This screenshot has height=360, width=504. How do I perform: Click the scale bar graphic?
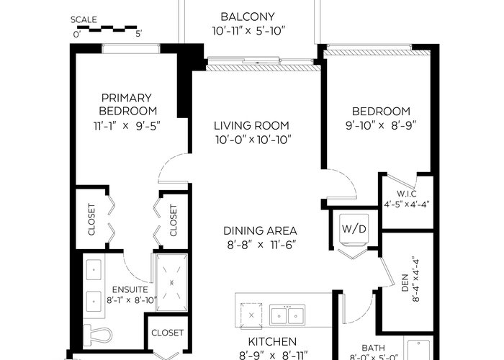pos(107,29)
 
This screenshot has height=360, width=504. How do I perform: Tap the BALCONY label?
pos(248,17)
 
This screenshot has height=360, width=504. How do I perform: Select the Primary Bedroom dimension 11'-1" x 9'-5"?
pos(127,126)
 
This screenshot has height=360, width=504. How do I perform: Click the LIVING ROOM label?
pos(251,125)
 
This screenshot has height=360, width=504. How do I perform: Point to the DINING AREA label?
pos(260,231)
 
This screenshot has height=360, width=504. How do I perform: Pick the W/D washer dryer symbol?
pos(354,229)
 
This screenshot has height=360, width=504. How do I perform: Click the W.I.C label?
pos(407,194)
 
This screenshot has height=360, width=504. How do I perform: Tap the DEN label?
pos(405,282)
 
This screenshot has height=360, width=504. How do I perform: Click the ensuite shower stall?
pos(171,282)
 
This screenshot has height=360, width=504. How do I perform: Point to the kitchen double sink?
pos(287,315)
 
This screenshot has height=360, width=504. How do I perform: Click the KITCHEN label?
pos(272,342)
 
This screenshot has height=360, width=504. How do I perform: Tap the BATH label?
pos(373,348)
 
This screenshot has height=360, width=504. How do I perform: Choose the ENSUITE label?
pos(130,290)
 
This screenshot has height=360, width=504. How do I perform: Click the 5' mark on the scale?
pos(138,34)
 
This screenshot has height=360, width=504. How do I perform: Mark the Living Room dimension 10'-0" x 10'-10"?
pos(253,140)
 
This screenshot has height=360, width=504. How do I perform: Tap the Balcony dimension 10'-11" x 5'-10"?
pos(249,31)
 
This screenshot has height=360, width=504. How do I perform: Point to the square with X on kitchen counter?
pos(251,315)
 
